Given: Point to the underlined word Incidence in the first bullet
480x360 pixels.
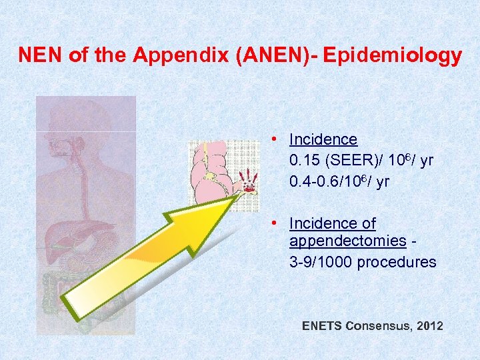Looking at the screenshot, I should (323, 139).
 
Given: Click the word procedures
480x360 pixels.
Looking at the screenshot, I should (397, 262).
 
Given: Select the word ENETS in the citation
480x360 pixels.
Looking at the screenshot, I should (322, 326).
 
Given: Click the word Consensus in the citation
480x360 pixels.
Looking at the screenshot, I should (378, 326).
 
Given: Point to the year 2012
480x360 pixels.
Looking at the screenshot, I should (429, 326).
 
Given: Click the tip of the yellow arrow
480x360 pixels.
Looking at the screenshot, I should (241, 195).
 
